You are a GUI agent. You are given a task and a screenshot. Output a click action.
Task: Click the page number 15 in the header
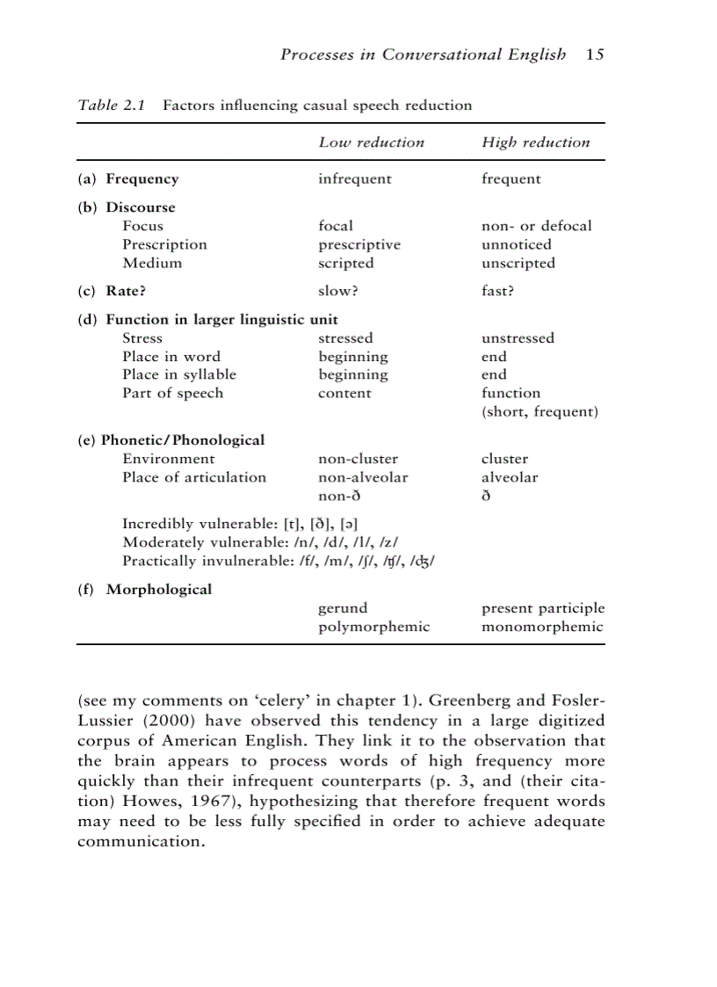[x=595, y=54]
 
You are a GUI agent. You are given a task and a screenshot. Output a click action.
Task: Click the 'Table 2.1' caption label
[x=111, y=105]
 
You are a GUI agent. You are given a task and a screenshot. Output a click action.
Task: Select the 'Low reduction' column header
[x=371, y=142]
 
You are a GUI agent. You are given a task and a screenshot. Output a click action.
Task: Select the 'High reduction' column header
[x=535, y=142]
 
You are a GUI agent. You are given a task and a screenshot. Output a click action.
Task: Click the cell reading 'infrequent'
[x=354, y=179]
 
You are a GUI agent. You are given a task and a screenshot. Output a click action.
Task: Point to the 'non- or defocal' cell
[x=536, y=226]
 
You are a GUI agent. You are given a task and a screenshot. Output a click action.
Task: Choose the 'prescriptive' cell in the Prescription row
[x=358, y=244]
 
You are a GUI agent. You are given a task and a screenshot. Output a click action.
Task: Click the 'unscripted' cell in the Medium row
[x=518, y=263]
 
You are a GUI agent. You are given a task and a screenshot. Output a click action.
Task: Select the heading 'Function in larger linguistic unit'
[x=221, y=319]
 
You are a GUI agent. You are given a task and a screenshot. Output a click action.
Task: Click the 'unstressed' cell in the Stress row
[x=518, y=338]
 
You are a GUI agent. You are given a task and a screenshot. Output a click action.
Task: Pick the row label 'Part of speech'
[x=172, y=393]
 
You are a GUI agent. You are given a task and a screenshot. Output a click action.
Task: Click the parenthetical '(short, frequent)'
[x=540, y=411]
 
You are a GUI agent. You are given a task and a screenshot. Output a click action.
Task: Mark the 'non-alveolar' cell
[x=362, y=477]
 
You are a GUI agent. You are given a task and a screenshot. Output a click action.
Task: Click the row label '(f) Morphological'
[x=145, y=589]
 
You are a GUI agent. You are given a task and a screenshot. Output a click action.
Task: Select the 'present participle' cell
[x=542, y=608]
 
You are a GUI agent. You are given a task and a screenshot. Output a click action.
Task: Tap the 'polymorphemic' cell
[x=373, y=627]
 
